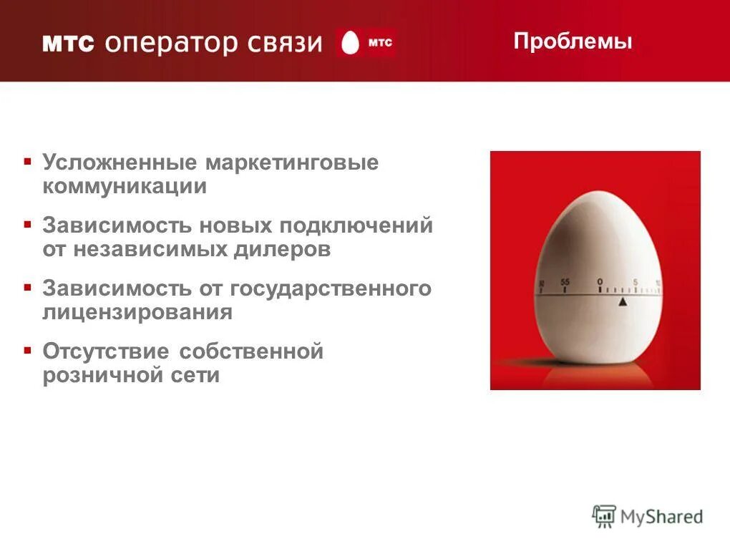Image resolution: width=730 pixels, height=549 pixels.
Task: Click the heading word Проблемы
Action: click(x=573, y=42)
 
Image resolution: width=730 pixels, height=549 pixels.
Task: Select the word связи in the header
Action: click(x=285, y=43)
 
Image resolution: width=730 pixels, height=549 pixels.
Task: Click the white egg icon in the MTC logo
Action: click(x=350, y=43)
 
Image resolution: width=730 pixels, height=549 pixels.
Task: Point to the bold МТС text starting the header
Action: click(x=68, y=44)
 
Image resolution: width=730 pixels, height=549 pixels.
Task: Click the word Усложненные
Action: click(x=120, y=162)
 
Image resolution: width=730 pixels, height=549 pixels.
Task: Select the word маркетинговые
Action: click(x=292, y=162)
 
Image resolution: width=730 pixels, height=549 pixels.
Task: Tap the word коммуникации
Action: click(x=125, y=187)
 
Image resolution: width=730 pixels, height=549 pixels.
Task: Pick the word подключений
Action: click(x=356, y=225)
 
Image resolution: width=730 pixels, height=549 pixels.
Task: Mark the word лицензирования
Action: click(x=137, y=313)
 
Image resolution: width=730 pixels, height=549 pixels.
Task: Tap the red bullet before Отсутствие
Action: click(x=27, y=350)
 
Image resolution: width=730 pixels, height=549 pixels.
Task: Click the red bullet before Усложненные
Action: click(x=27, y=161)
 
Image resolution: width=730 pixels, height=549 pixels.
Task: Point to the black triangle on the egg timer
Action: click(x=622, y=302)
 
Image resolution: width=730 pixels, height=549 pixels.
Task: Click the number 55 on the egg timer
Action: click(x=565, y=282)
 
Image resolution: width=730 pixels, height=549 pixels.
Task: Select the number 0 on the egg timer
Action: click(x=600, y=281)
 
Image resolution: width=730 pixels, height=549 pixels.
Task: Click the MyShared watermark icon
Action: click(x=604, y=517)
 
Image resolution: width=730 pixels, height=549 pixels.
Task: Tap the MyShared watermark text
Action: click(x=661, y=517)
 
